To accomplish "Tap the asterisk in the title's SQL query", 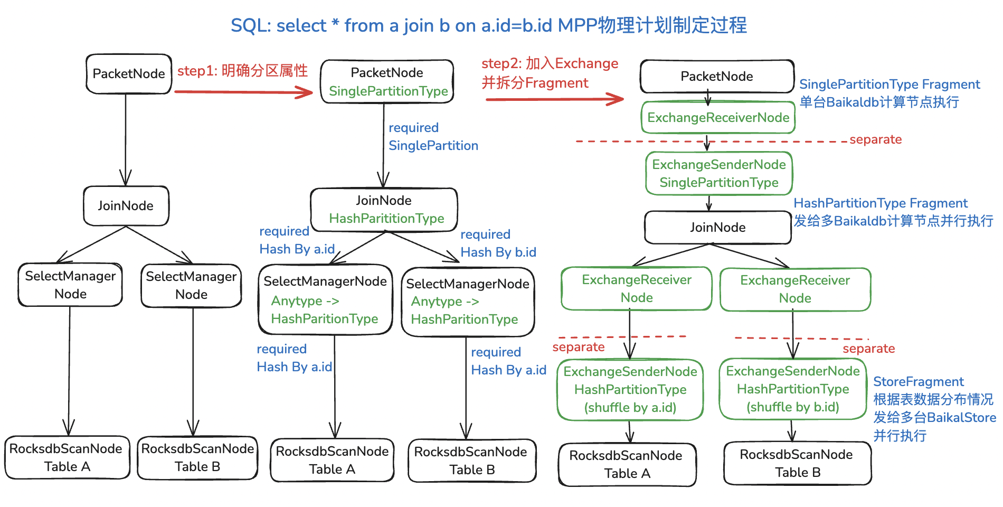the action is click(335, 23).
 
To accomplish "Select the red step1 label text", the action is click(242, 71).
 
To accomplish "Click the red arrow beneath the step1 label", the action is click(243, 92).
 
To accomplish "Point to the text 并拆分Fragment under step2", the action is click(535, 83).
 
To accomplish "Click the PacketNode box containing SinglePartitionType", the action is click(387, 81).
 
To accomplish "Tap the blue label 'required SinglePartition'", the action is click(433, 137).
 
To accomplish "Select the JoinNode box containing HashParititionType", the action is click(384, 209).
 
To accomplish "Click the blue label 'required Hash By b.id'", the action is click(498, 243).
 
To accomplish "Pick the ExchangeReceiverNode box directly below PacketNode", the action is click(718, 117).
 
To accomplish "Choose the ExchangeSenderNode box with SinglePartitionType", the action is click(719, 173).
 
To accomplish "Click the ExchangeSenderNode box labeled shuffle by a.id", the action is click(630, 390).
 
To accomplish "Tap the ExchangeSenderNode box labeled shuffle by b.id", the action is click(793, 389).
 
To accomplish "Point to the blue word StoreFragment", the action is click(919, 382).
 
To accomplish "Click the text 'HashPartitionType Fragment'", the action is click(881, 203).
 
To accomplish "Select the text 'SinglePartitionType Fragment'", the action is click(890, 84).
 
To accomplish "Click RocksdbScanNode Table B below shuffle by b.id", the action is click(797, 463).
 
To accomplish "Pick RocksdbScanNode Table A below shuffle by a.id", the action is click(627, 464).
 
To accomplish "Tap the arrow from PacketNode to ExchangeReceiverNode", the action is click(708, 98).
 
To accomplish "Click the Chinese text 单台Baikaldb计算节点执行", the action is click(879, 102).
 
